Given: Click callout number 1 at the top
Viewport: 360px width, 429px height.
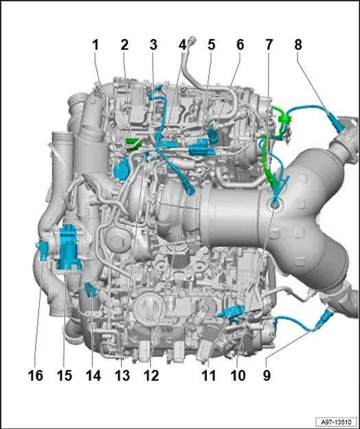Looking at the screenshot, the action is click(95, 45).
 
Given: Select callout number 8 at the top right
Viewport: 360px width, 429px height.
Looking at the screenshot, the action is click(298, 45).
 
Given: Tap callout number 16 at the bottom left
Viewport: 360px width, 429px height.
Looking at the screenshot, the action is click(36, 375).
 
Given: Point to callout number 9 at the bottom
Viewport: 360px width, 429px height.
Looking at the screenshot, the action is click(267, 375).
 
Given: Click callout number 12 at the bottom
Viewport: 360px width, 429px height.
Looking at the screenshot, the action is click(151, 375).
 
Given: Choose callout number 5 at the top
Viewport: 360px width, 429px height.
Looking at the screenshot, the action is click(211, 45).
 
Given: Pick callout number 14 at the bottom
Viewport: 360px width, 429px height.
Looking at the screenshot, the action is click(93, 375).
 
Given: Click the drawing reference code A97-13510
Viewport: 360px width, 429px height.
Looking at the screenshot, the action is click(337, 421).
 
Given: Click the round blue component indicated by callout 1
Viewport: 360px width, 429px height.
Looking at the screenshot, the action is click(122, 170).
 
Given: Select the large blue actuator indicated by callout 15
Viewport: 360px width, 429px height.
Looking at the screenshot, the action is click(67, 247).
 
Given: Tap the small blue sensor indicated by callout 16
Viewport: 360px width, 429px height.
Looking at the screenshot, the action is click(42, 251).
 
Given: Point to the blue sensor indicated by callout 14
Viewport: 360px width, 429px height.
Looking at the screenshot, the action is click(91, 290).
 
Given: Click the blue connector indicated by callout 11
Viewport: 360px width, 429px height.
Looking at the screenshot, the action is click(233, 312).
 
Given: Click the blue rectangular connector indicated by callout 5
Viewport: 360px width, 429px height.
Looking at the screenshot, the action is click(201, 148).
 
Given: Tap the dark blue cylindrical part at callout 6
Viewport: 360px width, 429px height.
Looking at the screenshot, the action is click(212, 135).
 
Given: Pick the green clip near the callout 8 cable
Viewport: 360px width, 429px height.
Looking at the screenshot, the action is click(284, 119).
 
